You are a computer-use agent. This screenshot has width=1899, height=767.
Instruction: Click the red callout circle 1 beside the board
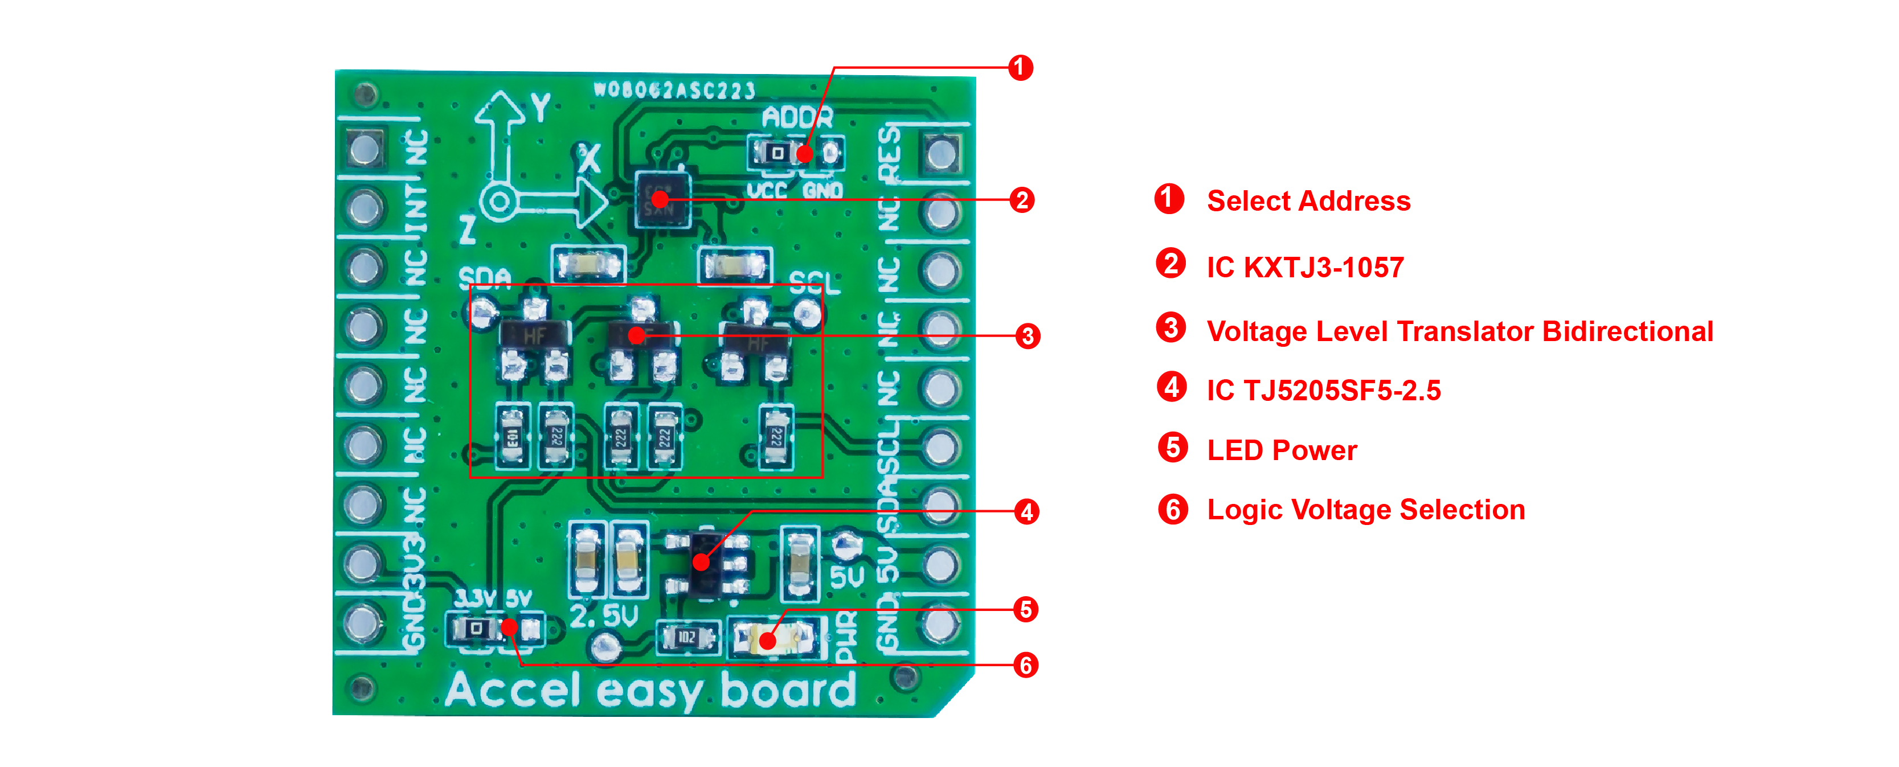click(x=1020, y=68)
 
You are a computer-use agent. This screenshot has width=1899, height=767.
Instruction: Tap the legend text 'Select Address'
click(x=1308, y=201)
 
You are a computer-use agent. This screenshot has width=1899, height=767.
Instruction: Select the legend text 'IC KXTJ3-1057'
click(x=1305, y=268)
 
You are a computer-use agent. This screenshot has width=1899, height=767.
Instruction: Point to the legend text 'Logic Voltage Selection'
click(x=1365, y=510)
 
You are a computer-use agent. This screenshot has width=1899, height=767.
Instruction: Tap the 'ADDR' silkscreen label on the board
click(x=797, y=118)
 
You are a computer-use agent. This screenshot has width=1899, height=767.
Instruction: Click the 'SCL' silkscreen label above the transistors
click(x=814, y=283)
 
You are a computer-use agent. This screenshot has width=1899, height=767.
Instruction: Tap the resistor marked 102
click(x=687, y=637)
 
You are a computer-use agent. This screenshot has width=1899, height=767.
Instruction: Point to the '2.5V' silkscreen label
click(x=604, y=616)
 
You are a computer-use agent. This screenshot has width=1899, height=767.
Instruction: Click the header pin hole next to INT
click(x=364, y=208)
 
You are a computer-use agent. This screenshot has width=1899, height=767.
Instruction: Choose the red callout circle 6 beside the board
click(x=1025, y=665)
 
